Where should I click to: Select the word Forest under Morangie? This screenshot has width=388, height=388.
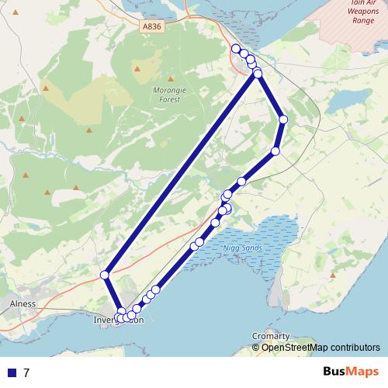[x=171, y=99]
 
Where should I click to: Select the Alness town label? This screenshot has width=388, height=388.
[x=23, y=303]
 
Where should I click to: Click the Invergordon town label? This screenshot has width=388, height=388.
[x=118, y=320]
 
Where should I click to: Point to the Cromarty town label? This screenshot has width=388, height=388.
[x=271, y=335]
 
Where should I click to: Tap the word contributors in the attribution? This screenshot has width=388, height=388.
[x=355, y=347]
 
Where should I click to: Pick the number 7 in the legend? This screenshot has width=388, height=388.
[x=27, y=372]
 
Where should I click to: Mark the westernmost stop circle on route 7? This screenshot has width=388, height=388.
[x=105, y=274]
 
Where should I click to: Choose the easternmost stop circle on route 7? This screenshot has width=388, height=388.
[x=283, y=120]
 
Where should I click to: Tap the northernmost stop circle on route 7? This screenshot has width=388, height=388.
[x=236, y=49]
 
